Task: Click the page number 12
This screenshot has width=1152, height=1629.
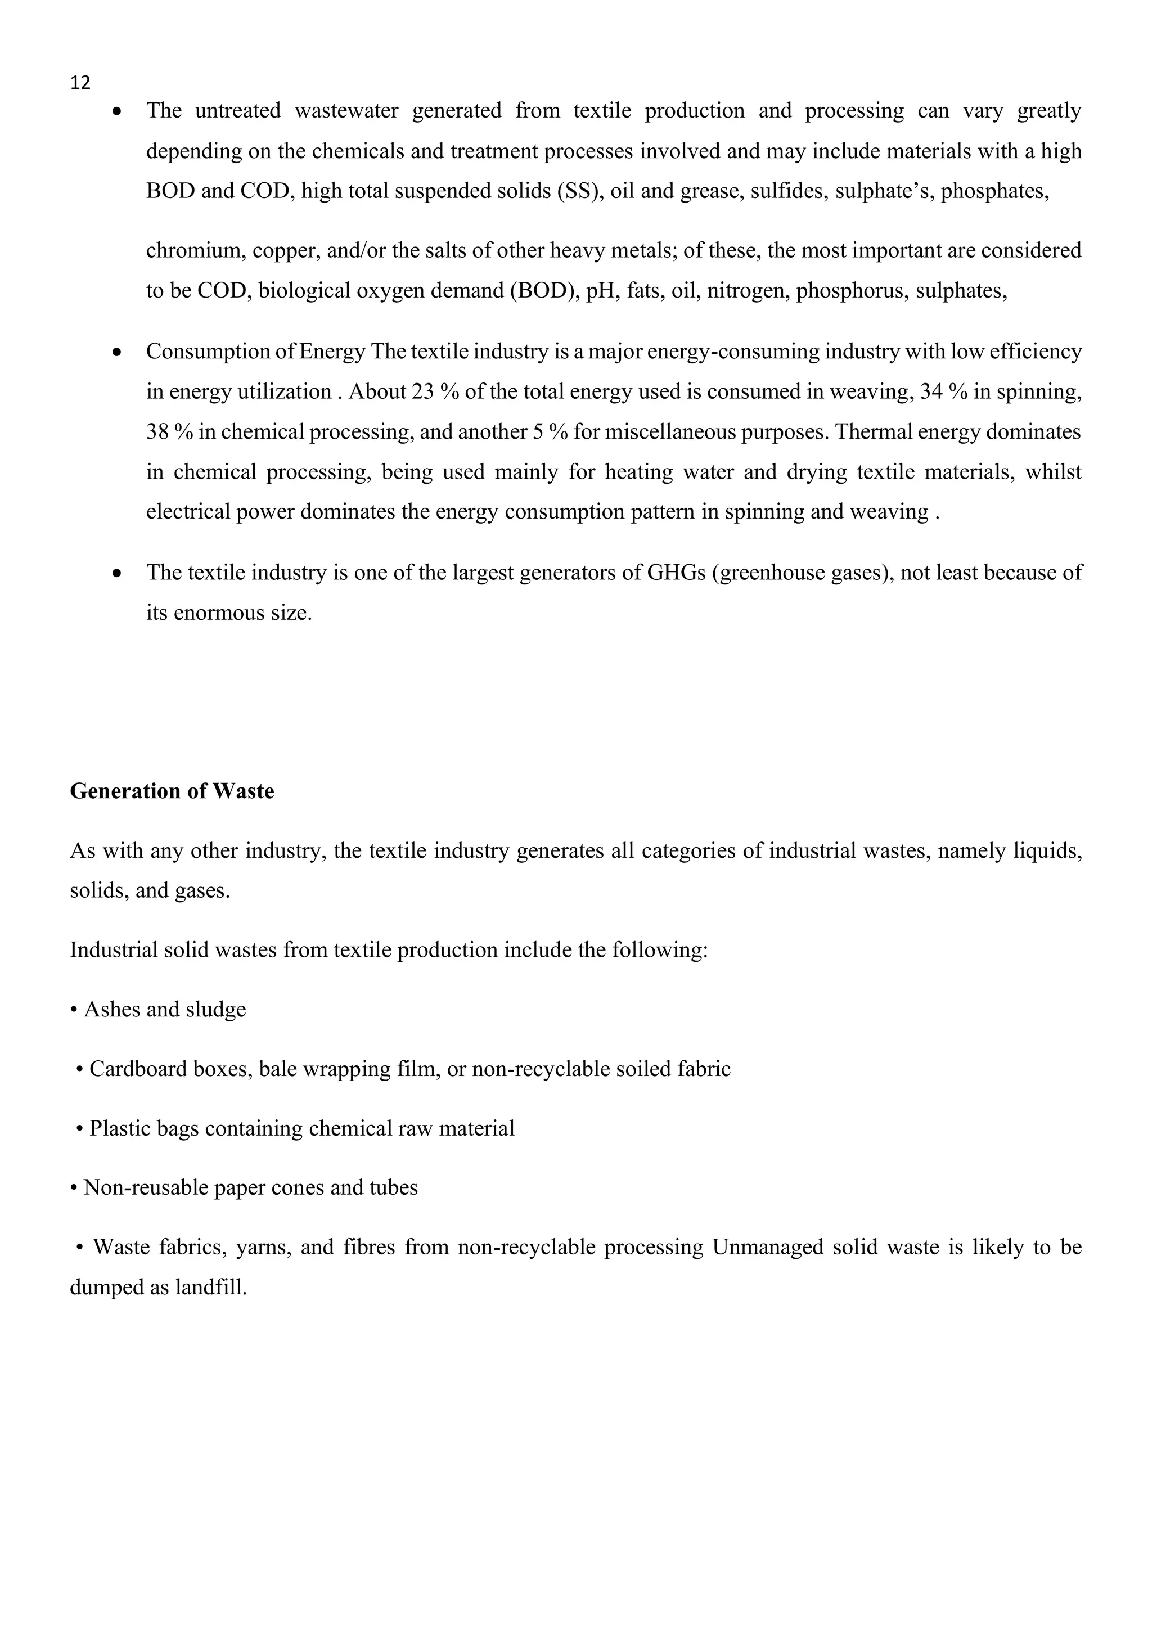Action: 80,83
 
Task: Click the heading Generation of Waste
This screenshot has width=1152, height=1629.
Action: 172,791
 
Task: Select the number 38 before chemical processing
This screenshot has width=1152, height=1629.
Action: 157,432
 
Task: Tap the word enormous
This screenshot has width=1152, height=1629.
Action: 218,613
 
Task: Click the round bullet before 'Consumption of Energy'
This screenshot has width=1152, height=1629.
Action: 117,353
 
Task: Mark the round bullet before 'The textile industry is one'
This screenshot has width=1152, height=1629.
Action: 117,573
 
